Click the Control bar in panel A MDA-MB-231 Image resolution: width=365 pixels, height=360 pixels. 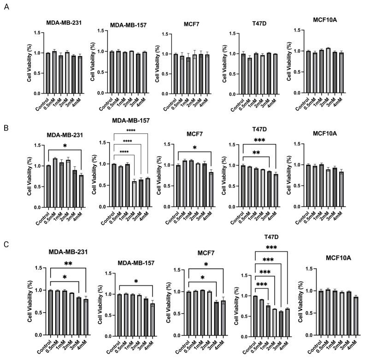click(x=48, y=73)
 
